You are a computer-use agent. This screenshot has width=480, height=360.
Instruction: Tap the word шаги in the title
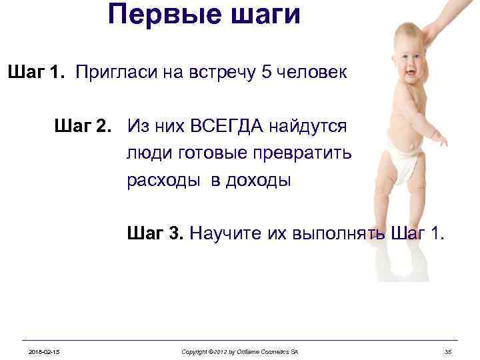point(263,14)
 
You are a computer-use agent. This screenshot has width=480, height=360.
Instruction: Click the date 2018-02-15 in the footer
point(43,351)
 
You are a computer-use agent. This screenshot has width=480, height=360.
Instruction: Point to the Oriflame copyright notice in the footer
point(239,351)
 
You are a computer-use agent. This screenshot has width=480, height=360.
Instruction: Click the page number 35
point(448,351)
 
